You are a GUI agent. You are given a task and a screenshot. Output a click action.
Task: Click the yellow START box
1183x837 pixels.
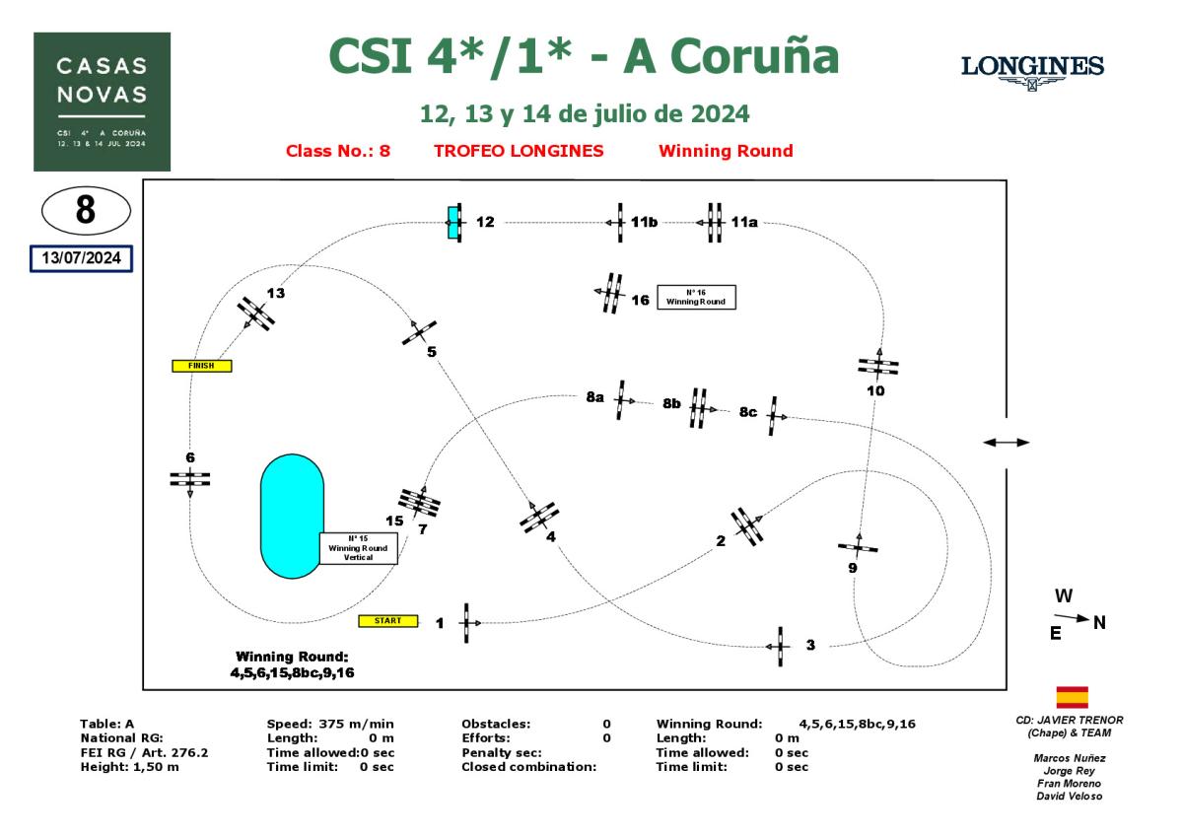click(388, 621)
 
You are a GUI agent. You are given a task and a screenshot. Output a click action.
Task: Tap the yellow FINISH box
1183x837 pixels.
click(201, 366)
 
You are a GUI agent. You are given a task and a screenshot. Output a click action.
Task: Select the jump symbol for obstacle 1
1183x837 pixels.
click(466, 623)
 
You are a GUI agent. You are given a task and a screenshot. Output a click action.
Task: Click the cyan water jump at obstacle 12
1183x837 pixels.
click(453, 223)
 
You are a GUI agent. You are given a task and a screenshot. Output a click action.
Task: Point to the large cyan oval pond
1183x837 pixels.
click(292, 516)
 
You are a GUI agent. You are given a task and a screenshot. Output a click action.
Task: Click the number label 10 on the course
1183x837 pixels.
click(875, 390)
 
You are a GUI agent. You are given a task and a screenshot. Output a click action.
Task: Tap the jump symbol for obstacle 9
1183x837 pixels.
click(858, 546)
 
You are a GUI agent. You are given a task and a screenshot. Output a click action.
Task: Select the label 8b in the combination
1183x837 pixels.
click(672, 403)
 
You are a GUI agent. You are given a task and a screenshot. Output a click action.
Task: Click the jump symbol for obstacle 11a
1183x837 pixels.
click(714, 223)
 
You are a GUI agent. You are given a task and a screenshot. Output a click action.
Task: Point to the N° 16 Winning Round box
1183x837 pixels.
click(697, 297)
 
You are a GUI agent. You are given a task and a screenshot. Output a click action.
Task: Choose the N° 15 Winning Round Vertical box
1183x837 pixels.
click(358, 548)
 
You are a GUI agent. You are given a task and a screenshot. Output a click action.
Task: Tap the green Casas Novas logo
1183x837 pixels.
click(102, 102)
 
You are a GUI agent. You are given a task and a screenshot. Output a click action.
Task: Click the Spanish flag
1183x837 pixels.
click(1072, 698)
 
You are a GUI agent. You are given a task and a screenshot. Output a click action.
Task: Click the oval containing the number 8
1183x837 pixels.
click(86, 210)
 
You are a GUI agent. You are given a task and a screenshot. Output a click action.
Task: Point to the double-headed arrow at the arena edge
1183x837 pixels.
click(1006, 443)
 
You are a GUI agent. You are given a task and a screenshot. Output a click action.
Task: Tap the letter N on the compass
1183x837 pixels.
click(1100, 622)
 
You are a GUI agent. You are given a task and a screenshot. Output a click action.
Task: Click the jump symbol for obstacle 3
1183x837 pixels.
click(781, 646)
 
